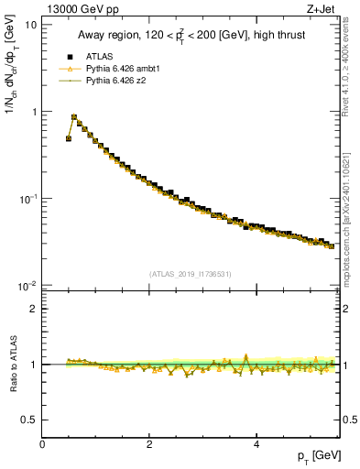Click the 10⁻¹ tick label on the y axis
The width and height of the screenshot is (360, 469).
click(27, 199)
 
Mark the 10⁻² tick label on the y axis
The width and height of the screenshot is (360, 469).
click(27, 286)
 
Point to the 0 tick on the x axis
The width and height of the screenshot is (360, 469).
click(42, 443)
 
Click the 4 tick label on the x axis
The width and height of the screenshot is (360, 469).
click(256, 443)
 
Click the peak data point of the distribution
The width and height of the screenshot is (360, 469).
click(74, 117)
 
